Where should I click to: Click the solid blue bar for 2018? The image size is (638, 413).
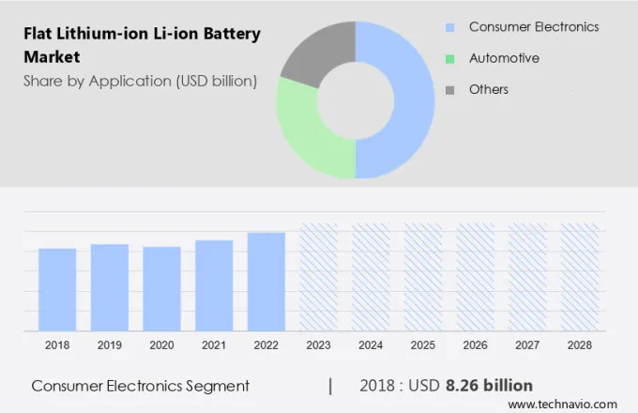[x=57, y=289]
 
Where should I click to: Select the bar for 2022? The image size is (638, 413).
[x=266, y=282]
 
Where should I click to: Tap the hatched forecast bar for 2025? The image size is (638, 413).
[x=423, y=277]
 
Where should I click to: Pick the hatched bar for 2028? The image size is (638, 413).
[x=580, y=277]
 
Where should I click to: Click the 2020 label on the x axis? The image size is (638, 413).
[x=161, y=345]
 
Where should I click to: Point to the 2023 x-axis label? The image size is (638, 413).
[x=318, y=345]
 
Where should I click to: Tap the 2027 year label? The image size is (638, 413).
[x=527, y=345]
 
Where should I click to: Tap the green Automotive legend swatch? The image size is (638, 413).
[x=450, y=58]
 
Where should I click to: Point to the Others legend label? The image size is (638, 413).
[x=488, y=89]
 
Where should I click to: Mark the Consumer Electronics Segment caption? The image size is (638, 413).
[x=140, y=385]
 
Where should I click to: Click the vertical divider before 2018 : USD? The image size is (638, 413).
[x=330, y=385]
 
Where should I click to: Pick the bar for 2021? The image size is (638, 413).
[x=214, y=285]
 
